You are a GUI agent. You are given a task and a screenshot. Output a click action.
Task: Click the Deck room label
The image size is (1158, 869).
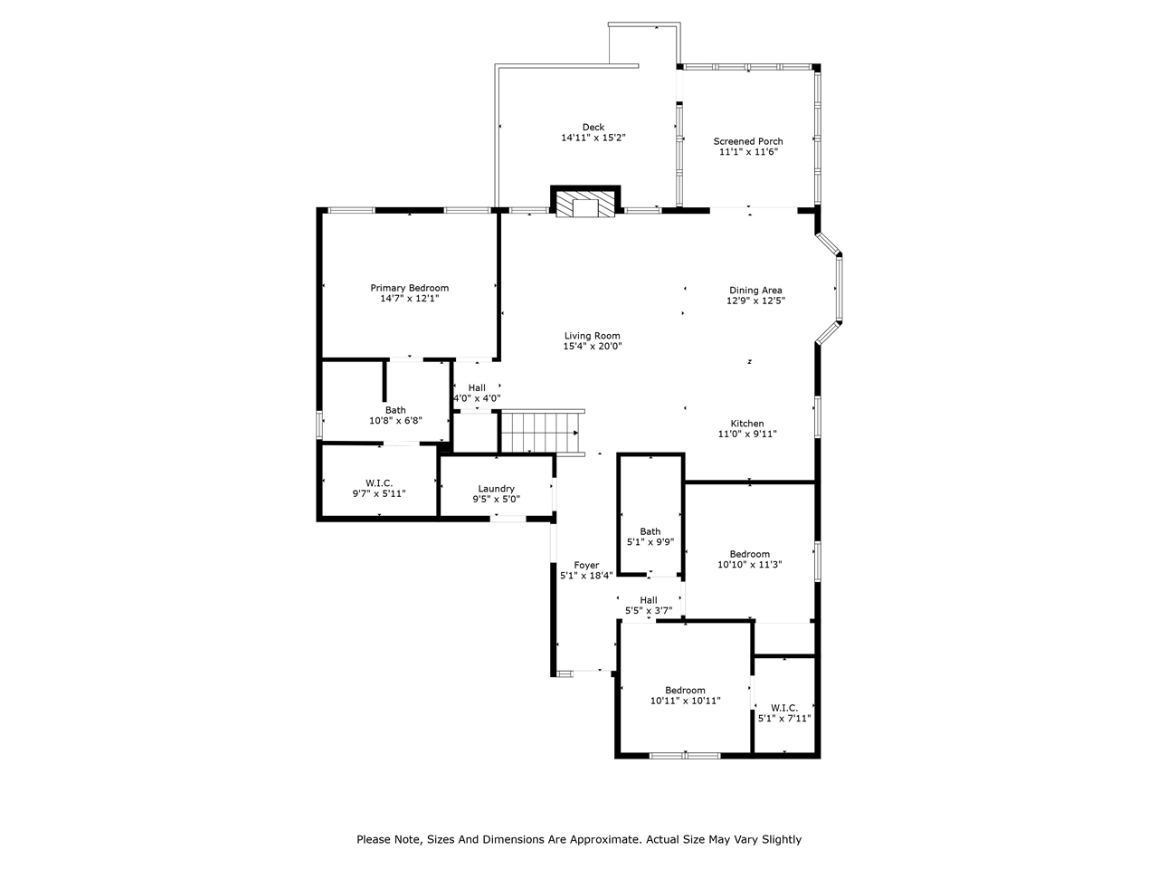pos(593,128)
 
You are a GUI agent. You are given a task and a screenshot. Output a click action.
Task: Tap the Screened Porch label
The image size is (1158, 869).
pos(747,141)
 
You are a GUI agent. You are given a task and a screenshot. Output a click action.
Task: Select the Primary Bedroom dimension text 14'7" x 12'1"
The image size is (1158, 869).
pos(409,299)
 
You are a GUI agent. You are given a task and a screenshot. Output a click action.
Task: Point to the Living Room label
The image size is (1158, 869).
pos(592,336)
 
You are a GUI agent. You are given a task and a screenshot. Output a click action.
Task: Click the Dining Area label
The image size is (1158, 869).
pos(755,291)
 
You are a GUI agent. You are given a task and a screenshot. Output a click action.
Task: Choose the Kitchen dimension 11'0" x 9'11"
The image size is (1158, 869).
pos(747,434)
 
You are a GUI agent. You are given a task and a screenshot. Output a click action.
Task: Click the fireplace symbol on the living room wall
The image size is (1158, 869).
pos(585,203)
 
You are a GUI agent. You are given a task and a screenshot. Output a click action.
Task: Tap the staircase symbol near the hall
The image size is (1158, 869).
pos(541,432)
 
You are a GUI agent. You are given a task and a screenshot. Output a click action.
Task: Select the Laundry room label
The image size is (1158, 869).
pos(496,489)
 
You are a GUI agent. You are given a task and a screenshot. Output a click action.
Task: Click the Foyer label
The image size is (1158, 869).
pos(586,566)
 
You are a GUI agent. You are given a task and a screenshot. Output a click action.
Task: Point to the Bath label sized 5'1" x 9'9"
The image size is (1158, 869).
pos(650,532)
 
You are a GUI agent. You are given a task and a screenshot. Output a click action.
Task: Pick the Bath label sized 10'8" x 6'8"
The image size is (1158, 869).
pos(395,410)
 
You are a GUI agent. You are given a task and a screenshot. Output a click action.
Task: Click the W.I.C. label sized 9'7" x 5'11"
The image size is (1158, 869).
pos(379,483)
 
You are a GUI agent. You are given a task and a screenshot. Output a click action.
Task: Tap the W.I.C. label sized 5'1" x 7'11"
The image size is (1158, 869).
pos(783,708)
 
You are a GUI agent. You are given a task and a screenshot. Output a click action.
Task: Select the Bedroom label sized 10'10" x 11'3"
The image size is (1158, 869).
pos(749,554)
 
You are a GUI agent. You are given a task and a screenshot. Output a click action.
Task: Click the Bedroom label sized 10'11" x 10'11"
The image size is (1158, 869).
pos(685,690)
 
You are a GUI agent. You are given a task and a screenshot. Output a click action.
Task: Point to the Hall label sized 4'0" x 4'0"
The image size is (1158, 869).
pos(477,388)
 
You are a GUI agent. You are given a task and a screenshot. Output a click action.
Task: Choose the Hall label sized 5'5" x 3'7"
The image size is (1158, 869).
pos(649,600)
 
